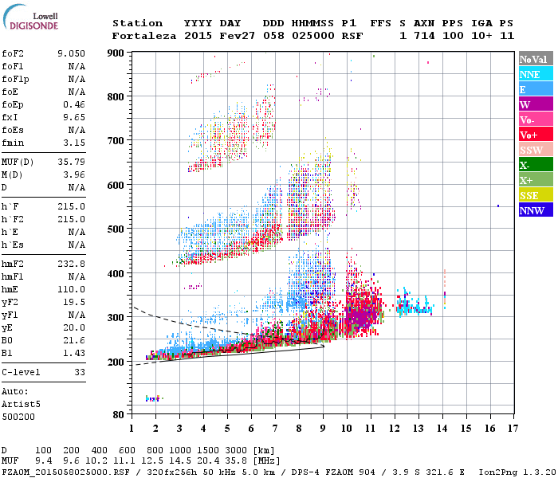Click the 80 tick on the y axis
[x=118, y=415]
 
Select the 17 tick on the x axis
[x=513, y=428]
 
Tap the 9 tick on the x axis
[x=322, y=428]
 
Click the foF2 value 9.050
[x=71, y=53]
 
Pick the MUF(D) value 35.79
[x=71, y=163]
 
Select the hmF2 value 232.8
[x=71, y=263]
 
